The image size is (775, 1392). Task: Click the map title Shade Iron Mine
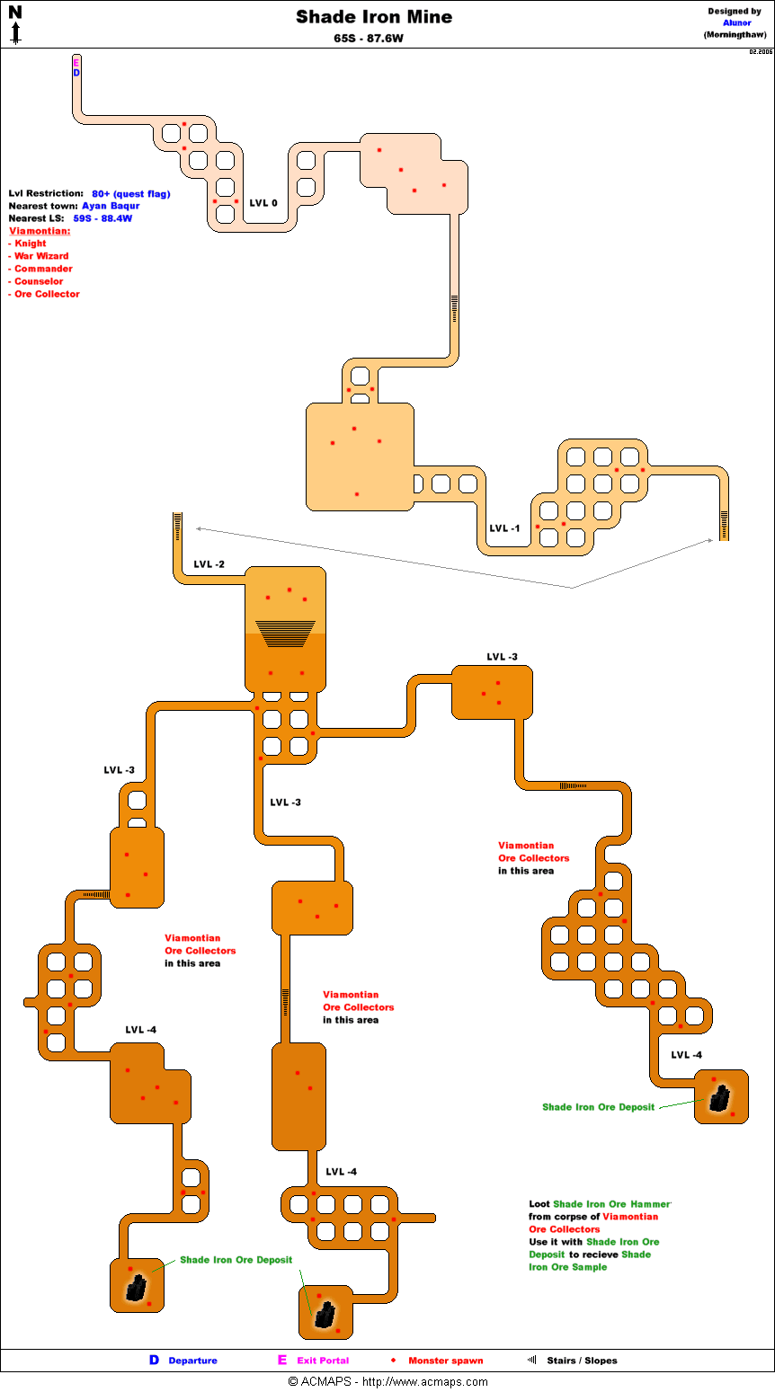(x=374, y=17)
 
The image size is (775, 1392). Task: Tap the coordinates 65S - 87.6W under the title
(x=368, y=39)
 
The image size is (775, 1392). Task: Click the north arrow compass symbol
(x=15, y=24)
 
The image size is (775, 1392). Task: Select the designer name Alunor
(x=736, y=23)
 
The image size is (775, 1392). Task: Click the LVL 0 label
(x=263, y=203)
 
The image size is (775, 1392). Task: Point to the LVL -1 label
(x=504, y=528)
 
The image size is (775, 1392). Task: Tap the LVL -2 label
(x=209, y=564)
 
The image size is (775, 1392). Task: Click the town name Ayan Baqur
(x=111, y=206)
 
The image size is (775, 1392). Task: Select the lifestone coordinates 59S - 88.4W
(x=102, y=218)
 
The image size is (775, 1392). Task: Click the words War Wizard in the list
(x=41, y=256)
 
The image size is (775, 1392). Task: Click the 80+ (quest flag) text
(x=130, y=193)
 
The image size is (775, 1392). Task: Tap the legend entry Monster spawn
(x=445, y=1361)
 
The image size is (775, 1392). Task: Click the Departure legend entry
(x=192, y=1361)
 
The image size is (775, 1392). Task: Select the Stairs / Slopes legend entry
(x=582, y=1361)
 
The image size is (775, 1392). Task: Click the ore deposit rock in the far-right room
(x=719, y=1098)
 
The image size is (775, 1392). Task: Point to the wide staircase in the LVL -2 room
(x=285, y=633)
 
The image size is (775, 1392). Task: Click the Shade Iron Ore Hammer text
(x=611, y=1204)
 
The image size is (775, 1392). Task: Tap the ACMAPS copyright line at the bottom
(x=387, y=1382)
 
